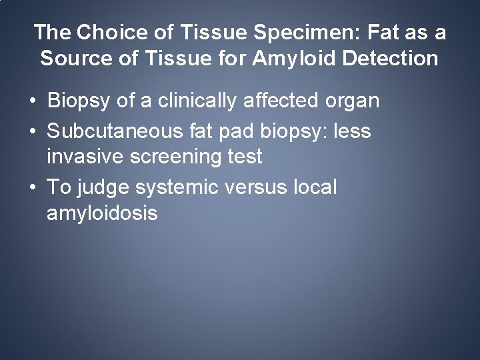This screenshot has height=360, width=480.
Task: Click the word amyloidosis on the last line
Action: point(102,214)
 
